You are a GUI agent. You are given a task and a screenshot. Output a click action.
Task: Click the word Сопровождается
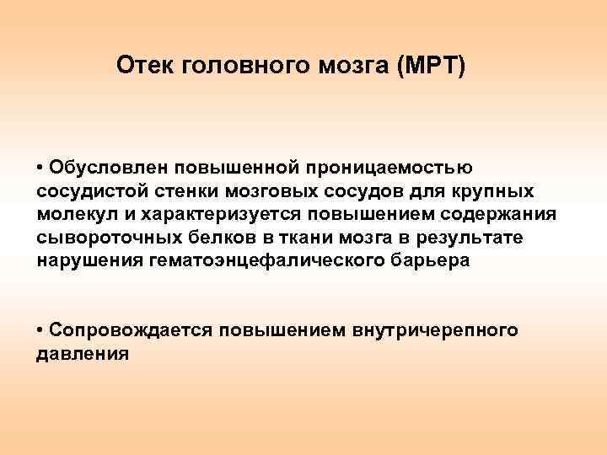pyautogui.click(x=126, y=330)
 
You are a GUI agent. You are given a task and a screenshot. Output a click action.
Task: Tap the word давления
pyautogui.click(x=83, y=354)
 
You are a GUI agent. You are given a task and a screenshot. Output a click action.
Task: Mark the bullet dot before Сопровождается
pyautogui.click(x=41, y=331)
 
